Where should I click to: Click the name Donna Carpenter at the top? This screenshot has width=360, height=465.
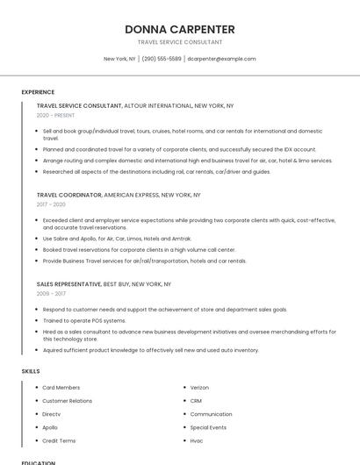[180, 29]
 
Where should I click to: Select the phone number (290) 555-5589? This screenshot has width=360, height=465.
[162, 59]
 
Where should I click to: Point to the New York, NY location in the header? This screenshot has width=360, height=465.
[119, 59]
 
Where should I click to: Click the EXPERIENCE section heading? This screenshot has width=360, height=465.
[38, 92]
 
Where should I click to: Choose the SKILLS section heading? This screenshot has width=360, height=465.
[31, 371]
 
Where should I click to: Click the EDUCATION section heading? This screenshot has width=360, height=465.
[38, 462]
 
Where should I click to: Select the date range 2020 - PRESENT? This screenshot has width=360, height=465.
[56, 115]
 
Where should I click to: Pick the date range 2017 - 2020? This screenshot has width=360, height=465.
[51, 204]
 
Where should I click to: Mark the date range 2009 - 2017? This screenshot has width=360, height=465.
[51, 294]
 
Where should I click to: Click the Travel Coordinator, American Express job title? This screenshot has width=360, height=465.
[119, 195]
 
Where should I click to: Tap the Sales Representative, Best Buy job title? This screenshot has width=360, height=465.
[104, 284]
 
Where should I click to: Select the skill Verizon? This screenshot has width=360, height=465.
[199, 387]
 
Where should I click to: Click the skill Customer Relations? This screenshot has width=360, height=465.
[67, 401]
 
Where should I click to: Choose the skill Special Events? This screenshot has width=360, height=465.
[208, 427]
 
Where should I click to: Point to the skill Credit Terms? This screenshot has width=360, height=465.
[59, 440]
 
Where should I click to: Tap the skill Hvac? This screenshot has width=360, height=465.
[197, 440]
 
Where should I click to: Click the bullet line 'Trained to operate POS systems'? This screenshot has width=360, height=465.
[84, 320]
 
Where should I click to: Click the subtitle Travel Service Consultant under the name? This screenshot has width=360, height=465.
[180, 42]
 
